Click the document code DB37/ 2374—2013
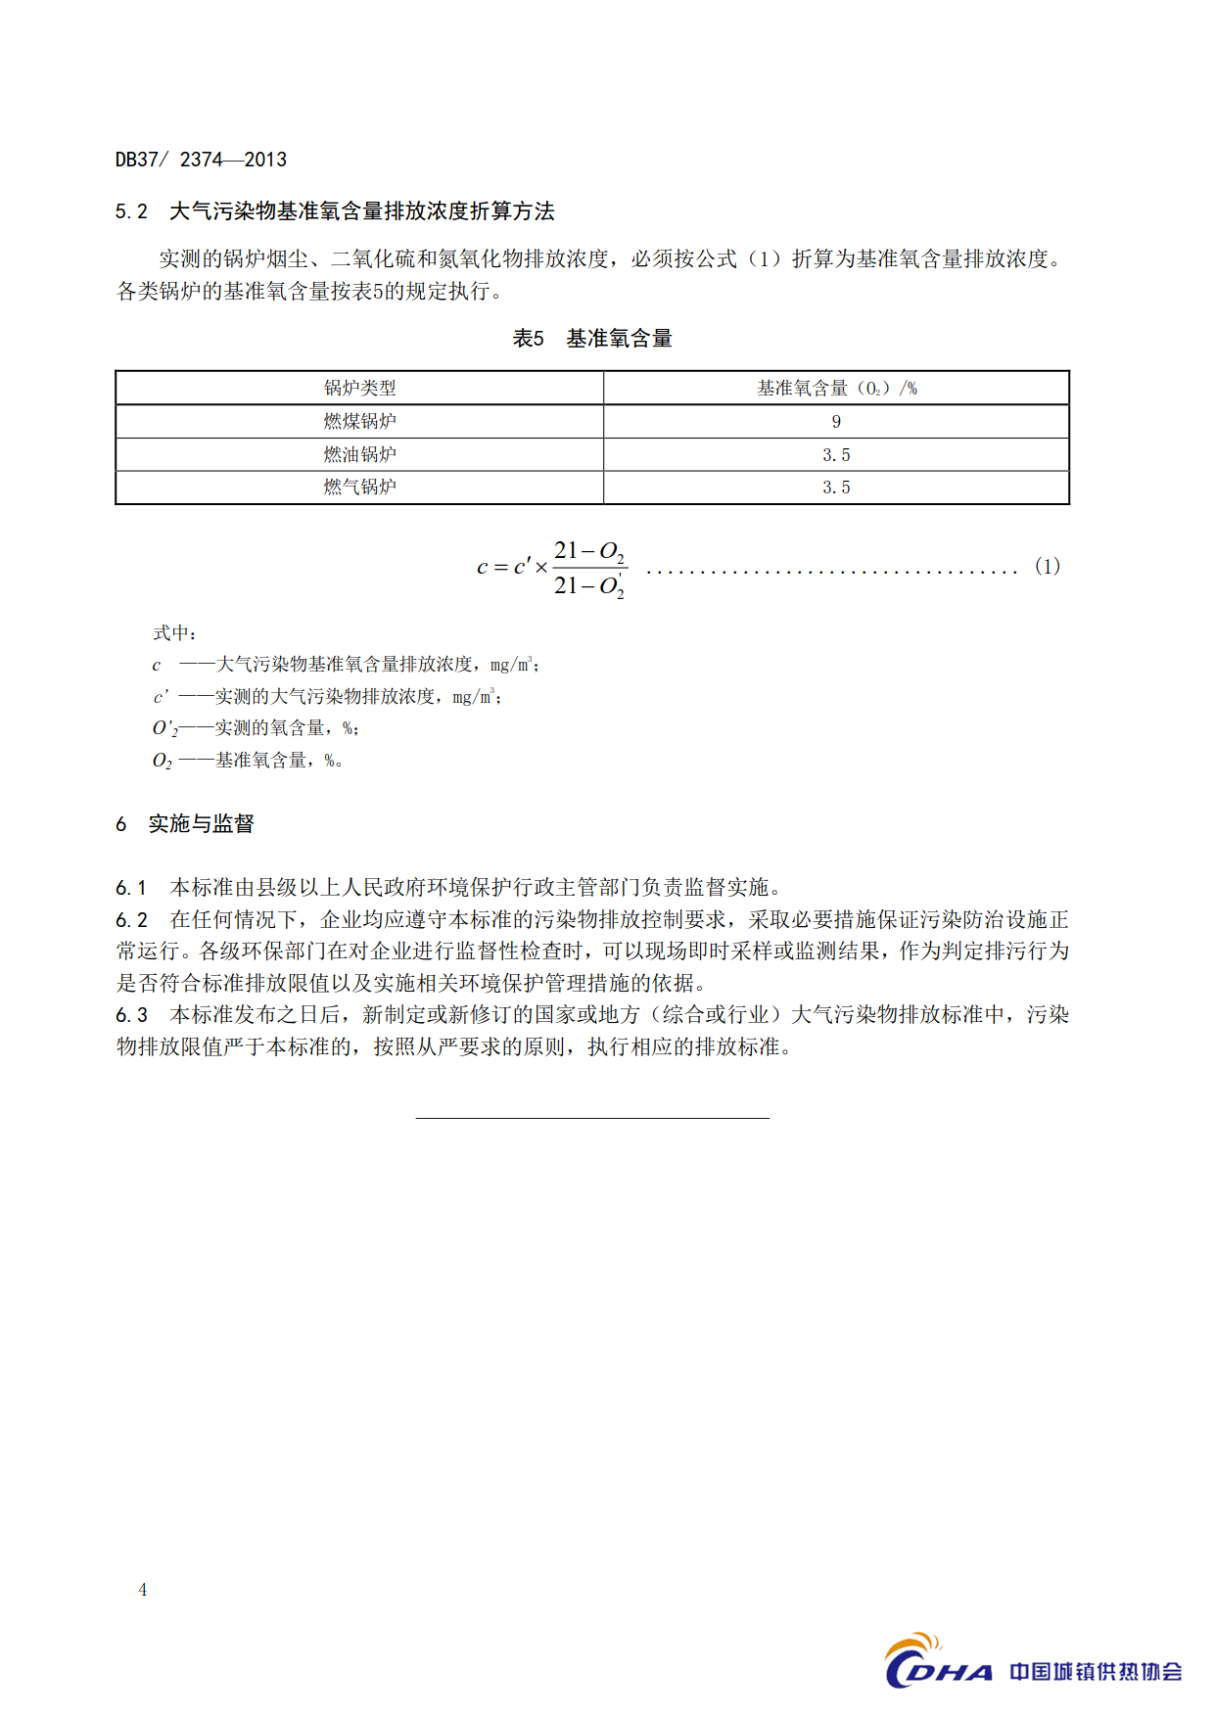point(201,160)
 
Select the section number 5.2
point(131,211)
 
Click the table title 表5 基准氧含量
point(592,339)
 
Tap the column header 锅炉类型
point(359,388)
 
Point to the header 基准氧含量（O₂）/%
point(836,388)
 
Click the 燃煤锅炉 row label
point(359,421)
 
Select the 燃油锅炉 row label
point(359,454)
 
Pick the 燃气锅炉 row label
point(359,487)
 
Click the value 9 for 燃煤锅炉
point(836,422)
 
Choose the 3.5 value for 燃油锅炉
point(836,455)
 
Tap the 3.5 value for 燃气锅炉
point(836,487)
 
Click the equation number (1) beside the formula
point(1047,566)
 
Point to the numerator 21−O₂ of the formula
point(588,551)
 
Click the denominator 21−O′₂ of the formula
point(588,586)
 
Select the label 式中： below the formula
point(175,633)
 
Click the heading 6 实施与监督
point(185,824)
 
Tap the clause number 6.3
point(131,1015)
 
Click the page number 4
point(143,1590)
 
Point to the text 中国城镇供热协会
point(1096,1671)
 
